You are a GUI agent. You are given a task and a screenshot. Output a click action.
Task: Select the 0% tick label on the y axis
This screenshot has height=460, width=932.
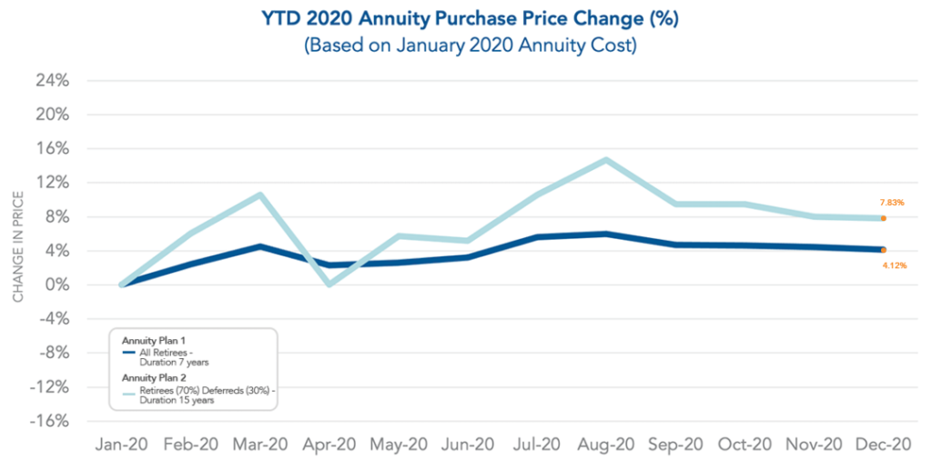[57, 285]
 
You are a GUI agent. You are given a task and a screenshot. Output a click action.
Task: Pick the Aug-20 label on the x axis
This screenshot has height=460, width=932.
[605, 445]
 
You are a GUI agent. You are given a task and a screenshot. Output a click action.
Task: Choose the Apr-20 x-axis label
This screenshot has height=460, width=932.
[329, 445]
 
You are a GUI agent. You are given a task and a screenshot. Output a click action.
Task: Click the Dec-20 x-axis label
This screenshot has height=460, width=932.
[882, 445]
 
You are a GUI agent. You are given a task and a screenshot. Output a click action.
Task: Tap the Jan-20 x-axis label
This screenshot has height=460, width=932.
[121, 445]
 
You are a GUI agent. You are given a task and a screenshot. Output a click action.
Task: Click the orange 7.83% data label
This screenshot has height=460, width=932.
[892, 202]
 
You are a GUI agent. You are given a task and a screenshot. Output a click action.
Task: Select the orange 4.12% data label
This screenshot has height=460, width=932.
[894, 265]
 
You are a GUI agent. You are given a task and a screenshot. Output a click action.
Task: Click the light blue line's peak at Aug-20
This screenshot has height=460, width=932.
[605, 160]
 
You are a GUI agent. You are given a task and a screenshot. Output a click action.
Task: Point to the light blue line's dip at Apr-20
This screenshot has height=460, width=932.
[329, 285]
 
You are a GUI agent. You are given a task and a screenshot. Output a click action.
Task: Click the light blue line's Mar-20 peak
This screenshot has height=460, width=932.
[260, 195]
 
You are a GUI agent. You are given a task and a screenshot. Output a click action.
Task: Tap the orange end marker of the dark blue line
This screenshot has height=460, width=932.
[883, 250]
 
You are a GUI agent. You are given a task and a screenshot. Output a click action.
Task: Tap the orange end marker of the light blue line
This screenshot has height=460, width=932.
[883, 218]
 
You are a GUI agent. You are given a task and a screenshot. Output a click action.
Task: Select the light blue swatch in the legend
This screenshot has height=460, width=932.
[129, 393]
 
